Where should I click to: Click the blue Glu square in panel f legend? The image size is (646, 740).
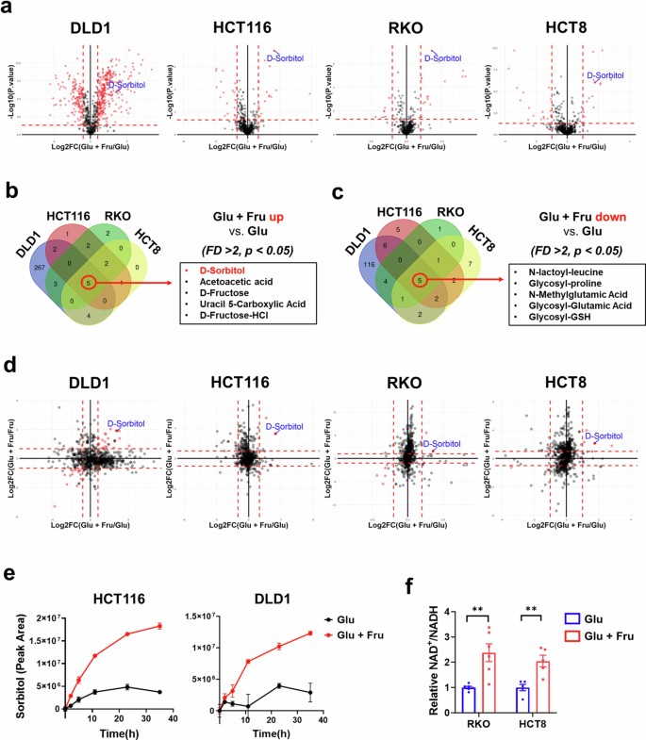tap(560, 617)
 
